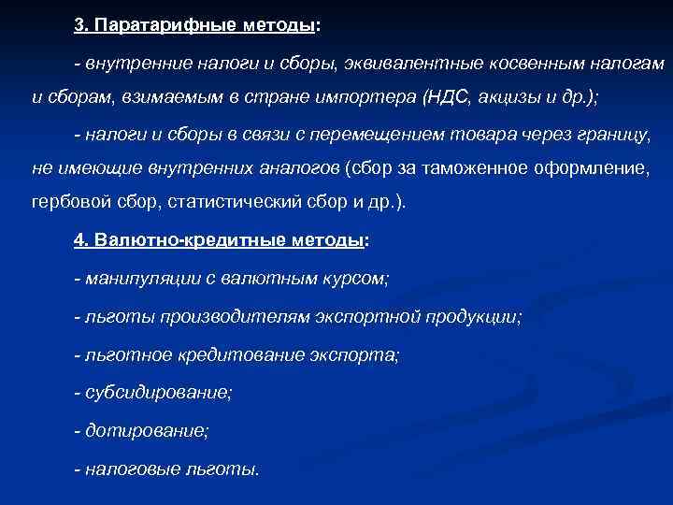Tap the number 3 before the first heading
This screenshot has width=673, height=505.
(79, 26)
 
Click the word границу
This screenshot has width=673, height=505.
(614, 136)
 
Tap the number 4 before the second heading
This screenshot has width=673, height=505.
(79, 239)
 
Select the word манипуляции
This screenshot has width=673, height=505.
(133, 278)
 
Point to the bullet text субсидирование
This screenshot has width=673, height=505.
(158, 393)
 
